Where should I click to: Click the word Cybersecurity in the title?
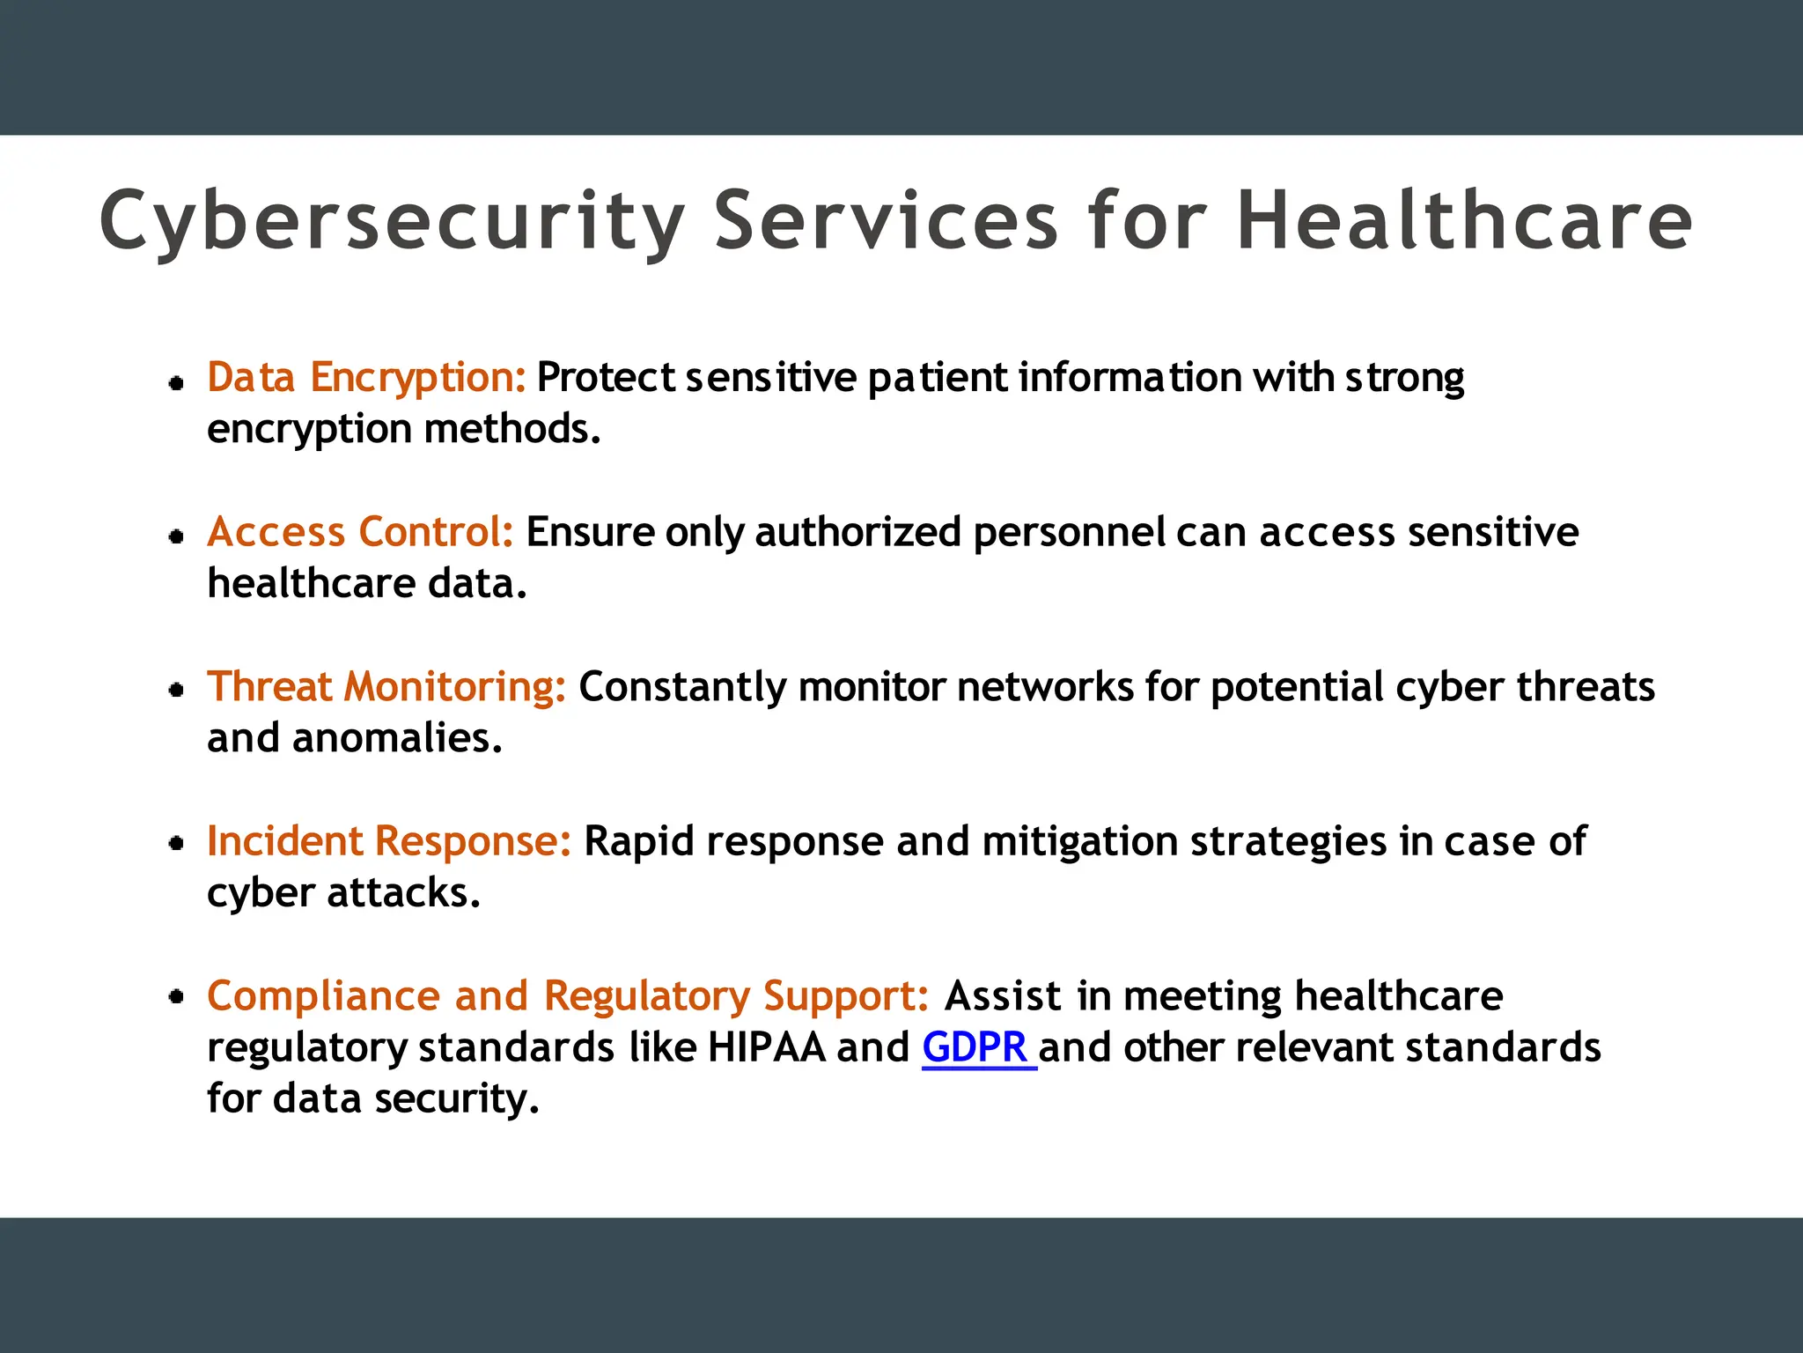coord(392,220)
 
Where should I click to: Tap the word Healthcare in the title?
coord(1464,220)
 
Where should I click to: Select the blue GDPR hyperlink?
coord(975,1047)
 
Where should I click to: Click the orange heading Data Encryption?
coord(366,377)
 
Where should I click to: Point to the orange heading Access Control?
coord(360,532)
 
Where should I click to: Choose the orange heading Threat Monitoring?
coord(386,687)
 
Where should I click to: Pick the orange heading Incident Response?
coord(389,841)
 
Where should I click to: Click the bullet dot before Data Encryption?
coord(177,382)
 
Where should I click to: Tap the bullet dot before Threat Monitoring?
coord(177,690)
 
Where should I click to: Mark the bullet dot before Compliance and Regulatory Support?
coord(177,997)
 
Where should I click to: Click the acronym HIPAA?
coord(767,1047)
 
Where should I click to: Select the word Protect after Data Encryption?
coord(606,377)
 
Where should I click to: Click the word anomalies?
coord(397,738)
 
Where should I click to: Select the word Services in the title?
coord(886,220)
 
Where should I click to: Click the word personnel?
coord(1069,532)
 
